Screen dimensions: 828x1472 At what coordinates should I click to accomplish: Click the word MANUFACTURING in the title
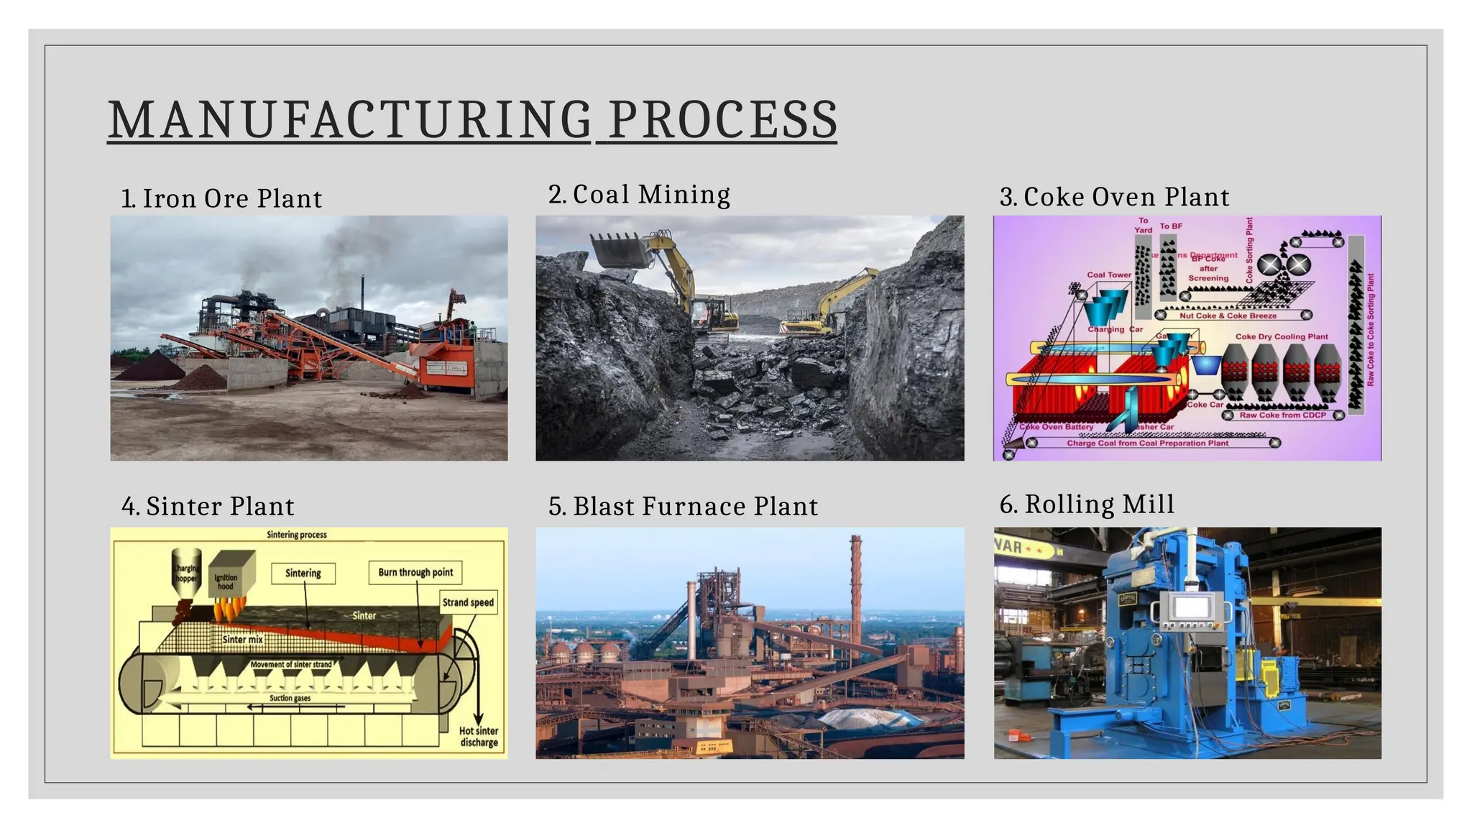tap(349, 119)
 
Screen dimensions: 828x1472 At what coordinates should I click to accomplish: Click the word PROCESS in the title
tap(722, 119)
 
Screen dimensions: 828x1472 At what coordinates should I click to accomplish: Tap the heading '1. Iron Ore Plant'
tap(221, 198)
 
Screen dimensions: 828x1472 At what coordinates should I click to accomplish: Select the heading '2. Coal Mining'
tap(639, 194)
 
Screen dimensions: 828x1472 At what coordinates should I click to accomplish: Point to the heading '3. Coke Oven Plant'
tap(1114, 197)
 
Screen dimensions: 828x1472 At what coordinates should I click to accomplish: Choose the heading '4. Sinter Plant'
tap(208, 506)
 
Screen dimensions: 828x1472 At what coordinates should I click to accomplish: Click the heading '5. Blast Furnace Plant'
tap(683, 506)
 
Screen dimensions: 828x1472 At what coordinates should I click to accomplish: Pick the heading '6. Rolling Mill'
tap(1087, 504)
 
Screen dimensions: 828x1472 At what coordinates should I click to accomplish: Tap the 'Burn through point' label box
tap(415, 572)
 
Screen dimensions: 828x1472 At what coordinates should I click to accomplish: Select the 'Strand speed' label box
tap(468, 602)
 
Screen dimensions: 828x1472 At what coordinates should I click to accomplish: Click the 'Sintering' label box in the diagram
tap(303, 573)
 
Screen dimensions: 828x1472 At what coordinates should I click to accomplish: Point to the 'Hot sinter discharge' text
tap(479, 736)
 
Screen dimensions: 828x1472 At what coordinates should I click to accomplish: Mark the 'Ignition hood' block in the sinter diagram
tap(229, 577)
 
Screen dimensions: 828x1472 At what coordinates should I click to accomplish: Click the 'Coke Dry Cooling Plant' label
tap(1282, 336)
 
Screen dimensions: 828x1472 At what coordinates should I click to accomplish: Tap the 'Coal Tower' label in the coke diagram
tap(1109, 275)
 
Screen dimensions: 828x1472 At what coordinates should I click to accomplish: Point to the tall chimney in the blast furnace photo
tap(855, 589)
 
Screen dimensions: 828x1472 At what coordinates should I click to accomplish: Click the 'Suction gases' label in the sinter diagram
tap(290, 698)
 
